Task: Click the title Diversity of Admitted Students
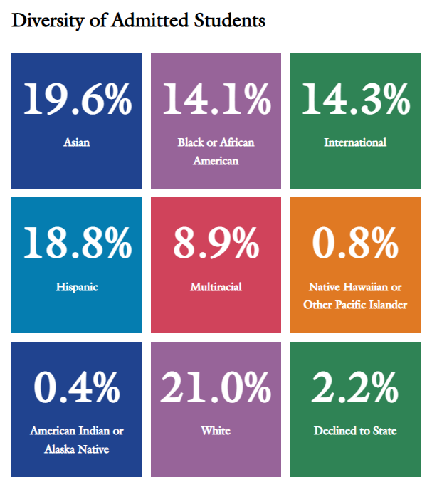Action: pos(138,21)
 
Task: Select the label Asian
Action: pos(77,142)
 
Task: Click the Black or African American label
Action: pos(216,151)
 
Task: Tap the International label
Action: pos(355,142)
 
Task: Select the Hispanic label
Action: pos(77,287)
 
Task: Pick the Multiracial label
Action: pos(216,287)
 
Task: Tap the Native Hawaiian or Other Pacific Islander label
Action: pos(355,295)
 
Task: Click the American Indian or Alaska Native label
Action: pos(77,439)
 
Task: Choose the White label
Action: pos(216,431)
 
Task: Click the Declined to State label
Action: pos(355,431)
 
